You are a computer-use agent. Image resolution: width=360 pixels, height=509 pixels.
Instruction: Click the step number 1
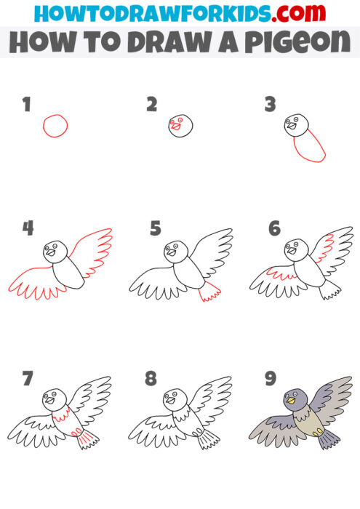click(27, 105)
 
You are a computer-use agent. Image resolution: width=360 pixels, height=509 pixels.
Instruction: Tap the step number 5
click(155, 230)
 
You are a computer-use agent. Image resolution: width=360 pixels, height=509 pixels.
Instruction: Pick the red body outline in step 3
click(308, 146)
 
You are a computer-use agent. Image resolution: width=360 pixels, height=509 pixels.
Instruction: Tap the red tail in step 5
click(210, 293)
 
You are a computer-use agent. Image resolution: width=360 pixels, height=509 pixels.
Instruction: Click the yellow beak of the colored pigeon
click(290, 399)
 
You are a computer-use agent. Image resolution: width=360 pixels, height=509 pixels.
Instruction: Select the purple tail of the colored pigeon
click(328, 438)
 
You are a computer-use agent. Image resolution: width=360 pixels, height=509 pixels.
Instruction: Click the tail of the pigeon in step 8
click(209, 437)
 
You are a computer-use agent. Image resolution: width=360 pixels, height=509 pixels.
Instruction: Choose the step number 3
click(271, 105)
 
